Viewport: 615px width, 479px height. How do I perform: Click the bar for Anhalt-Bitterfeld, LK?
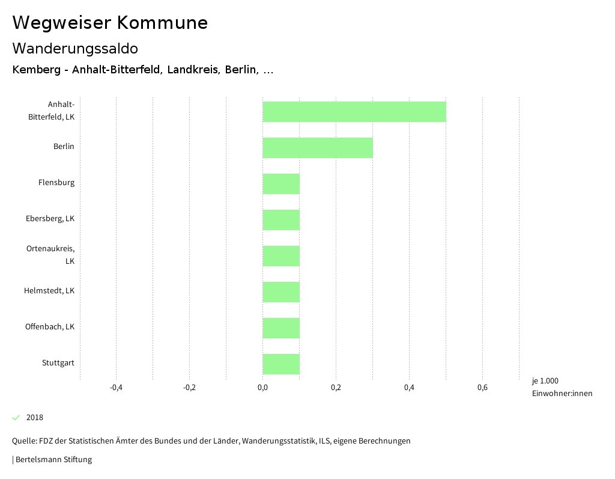pyautogui.click(x=354, y=112)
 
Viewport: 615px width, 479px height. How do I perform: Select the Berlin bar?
pyautogui.click(x=318, y=148)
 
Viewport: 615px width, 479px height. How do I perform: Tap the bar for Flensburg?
pyautogui.click(x=281, y=184)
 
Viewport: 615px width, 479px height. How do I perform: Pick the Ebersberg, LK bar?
pyautogui.click(x=281, y=220)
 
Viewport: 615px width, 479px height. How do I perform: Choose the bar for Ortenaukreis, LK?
pyautogui.click(x=281, y=256)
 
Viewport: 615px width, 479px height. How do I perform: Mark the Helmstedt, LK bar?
pyautogui.click(x=281, y=292)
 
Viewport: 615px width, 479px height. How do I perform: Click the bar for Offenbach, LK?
pyautogui.click(x=281, y=328)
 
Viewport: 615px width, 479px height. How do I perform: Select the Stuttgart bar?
pyautogui.click(x=281, y=364)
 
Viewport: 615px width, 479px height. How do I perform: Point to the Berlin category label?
pyautogui.click(x=64, y=147)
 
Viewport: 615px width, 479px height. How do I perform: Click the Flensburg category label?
pyautogui.click(x=56, y=183)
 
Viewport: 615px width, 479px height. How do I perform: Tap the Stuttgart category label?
pyautogui.click(x=58, y=363)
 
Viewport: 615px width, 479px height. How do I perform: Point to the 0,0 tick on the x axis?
pyautogui.click(x=262, y=388)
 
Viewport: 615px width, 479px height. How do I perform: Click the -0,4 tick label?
pyautogui.click(x=116, y=388)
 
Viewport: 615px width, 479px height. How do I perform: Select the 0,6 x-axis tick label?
pyautogui.click(x=482, y=388)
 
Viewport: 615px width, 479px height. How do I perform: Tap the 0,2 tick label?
pyautogui.click(x=336, y=388)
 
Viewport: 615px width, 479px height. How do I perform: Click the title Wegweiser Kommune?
pyautogui.click(x=110, y=23)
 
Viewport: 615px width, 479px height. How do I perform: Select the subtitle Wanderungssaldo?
pyautogui.click(x=75, y=48)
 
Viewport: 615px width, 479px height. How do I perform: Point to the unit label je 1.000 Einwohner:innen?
pyautogui.click(x=562, y=387)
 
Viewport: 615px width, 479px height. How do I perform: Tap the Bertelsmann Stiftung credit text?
pyautogui.click(x=53, y=460)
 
